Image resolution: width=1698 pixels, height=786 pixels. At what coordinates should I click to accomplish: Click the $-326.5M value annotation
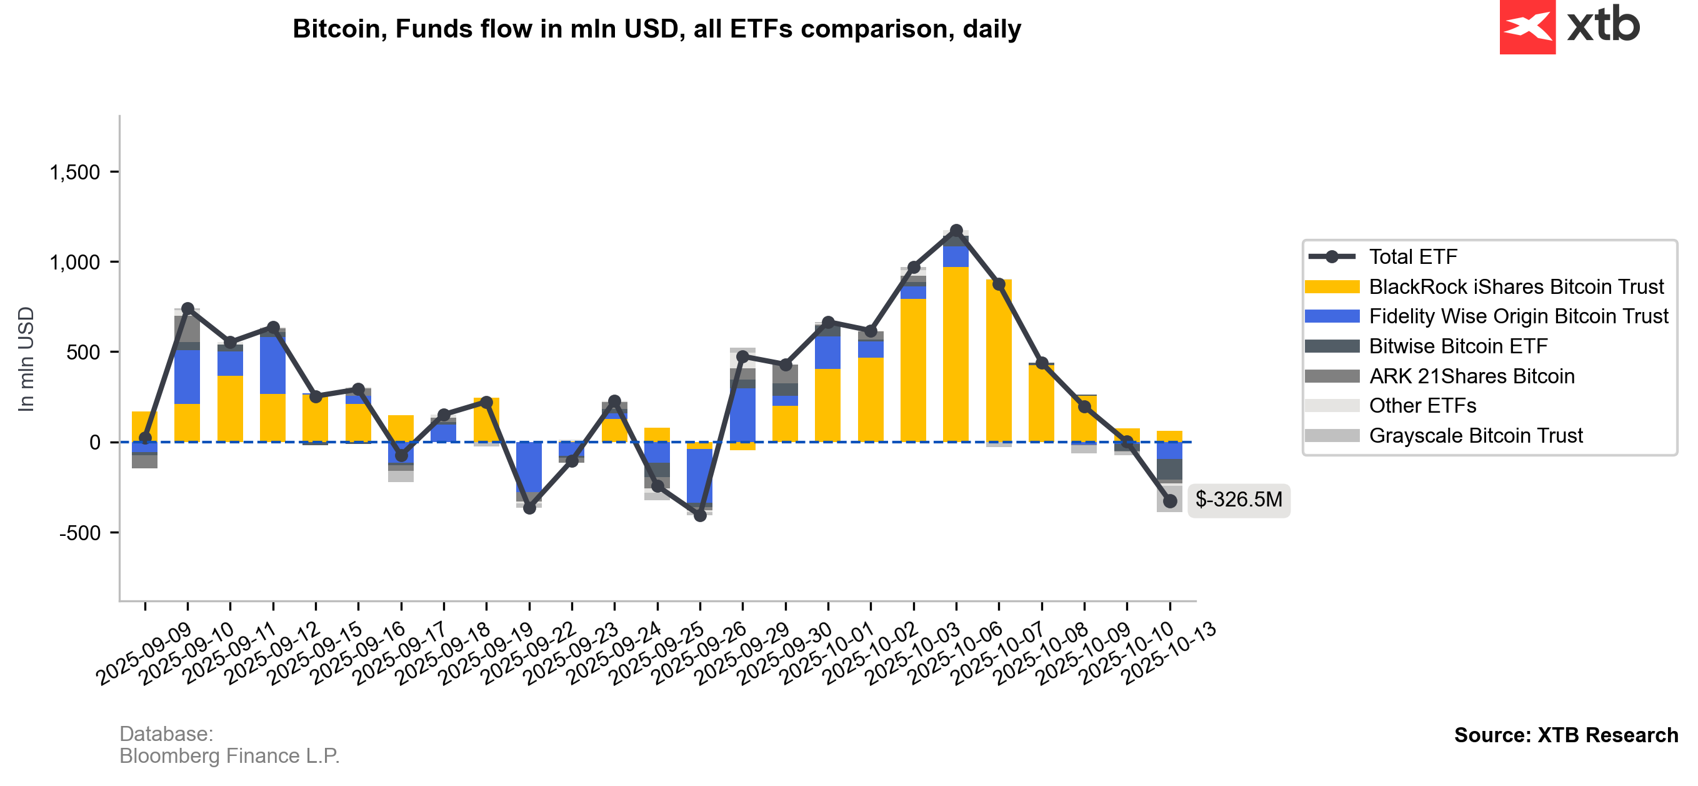1239,500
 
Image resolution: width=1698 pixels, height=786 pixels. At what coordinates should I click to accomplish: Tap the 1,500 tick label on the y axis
74,173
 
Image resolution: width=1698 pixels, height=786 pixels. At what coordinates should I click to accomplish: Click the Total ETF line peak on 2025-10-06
956,230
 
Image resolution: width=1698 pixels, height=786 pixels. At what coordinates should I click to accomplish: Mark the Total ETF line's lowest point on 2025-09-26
700,516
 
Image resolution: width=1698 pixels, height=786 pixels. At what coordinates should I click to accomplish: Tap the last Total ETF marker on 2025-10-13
1170,501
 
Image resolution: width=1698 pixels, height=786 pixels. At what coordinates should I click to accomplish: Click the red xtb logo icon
1527,26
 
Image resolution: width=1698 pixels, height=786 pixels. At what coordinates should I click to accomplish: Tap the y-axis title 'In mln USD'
26,360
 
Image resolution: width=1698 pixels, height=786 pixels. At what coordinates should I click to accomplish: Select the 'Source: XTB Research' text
1566,735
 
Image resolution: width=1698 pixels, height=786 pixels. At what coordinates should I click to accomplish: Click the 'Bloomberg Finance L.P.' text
229,755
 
